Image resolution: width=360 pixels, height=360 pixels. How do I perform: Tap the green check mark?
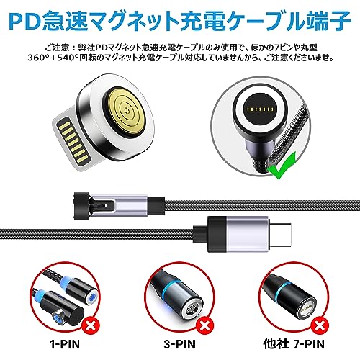[282, 166]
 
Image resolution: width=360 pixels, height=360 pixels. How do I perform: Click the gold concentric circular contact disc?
[126, 111]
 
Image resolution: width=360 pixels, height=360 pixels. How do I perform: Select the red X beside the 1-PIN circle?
[91, 326]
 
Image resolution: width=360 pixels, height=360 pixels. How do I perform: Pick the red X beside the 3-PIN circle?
[204, 326]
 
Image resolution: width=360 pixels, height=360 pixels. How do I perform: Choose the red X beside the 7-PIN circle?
[320, 326]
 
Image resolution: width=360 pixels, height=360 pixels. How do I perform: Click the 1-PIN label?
[65, 344]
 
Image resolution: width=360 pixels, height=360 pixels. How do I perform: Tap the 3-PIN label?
[179, 344]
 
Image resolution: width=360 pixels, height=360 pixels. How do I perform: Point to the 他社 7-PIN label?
[294, 344]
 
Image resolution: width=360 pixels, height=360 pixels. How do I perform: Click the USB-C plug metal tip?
[280, 234]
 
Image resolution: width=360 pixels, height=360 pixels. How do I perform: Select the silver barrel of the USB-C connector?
[247, 234]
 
